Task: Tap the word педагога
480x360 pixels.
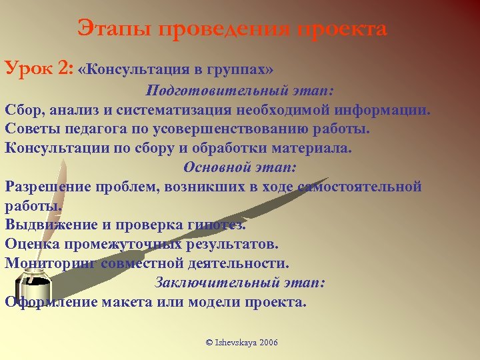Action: click(x=91, y=128)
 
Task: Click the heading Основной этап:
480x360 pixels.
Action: click(x=240, y=167)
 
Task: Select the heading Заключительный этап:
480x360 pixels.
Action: click(x=240, y=282)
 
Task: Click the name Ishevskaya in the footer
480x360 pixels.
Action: click(x=235, y=342)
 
